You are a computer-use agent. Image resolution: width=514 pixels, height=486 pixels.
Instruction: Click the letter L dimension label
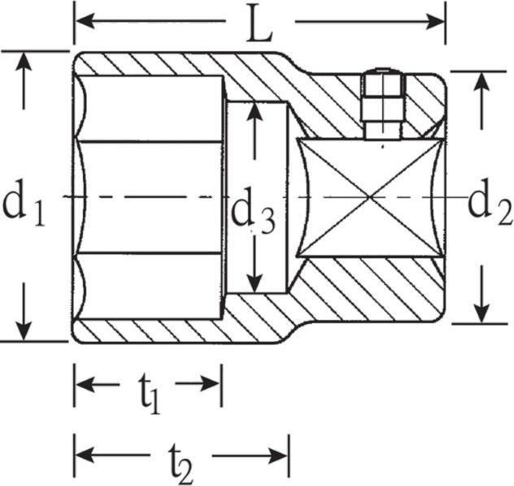coord(259,26)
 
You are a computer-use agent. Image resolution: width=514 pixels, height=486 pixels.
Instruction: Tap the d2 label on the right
coord(490,204)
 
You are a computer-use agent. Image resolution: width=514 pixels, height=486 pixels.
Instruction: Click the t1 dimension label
coord(148,395)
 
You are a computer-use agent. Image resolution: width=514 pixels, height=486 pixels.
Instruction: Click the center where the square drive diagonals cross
coord(370,197)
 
